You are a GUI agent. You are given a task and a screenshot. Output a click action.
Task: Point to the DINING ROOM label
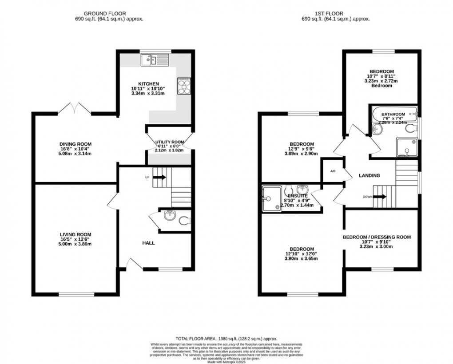coord(75,144)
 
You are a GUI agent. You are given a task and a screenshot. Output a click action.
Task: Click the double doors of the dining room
coord(75,107)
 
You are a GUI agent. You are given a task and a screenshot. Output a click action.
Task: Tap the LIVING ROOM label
coord(75,234)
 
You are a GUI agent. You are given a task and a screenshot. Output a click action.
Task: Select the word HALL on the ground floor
coord(148,243)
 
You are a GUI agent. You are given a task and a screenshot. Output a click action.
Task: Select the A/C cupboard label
coord(332,171)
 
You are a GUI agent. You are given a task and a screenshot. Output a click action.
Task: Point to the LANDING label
coord(370,175)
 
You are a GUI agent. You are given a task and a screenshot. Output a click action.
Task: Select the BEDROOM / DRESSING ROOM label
coord(377,237)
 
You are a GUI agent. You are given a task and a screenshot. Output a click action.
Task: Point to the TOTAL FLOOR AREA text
coord(226,338)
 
